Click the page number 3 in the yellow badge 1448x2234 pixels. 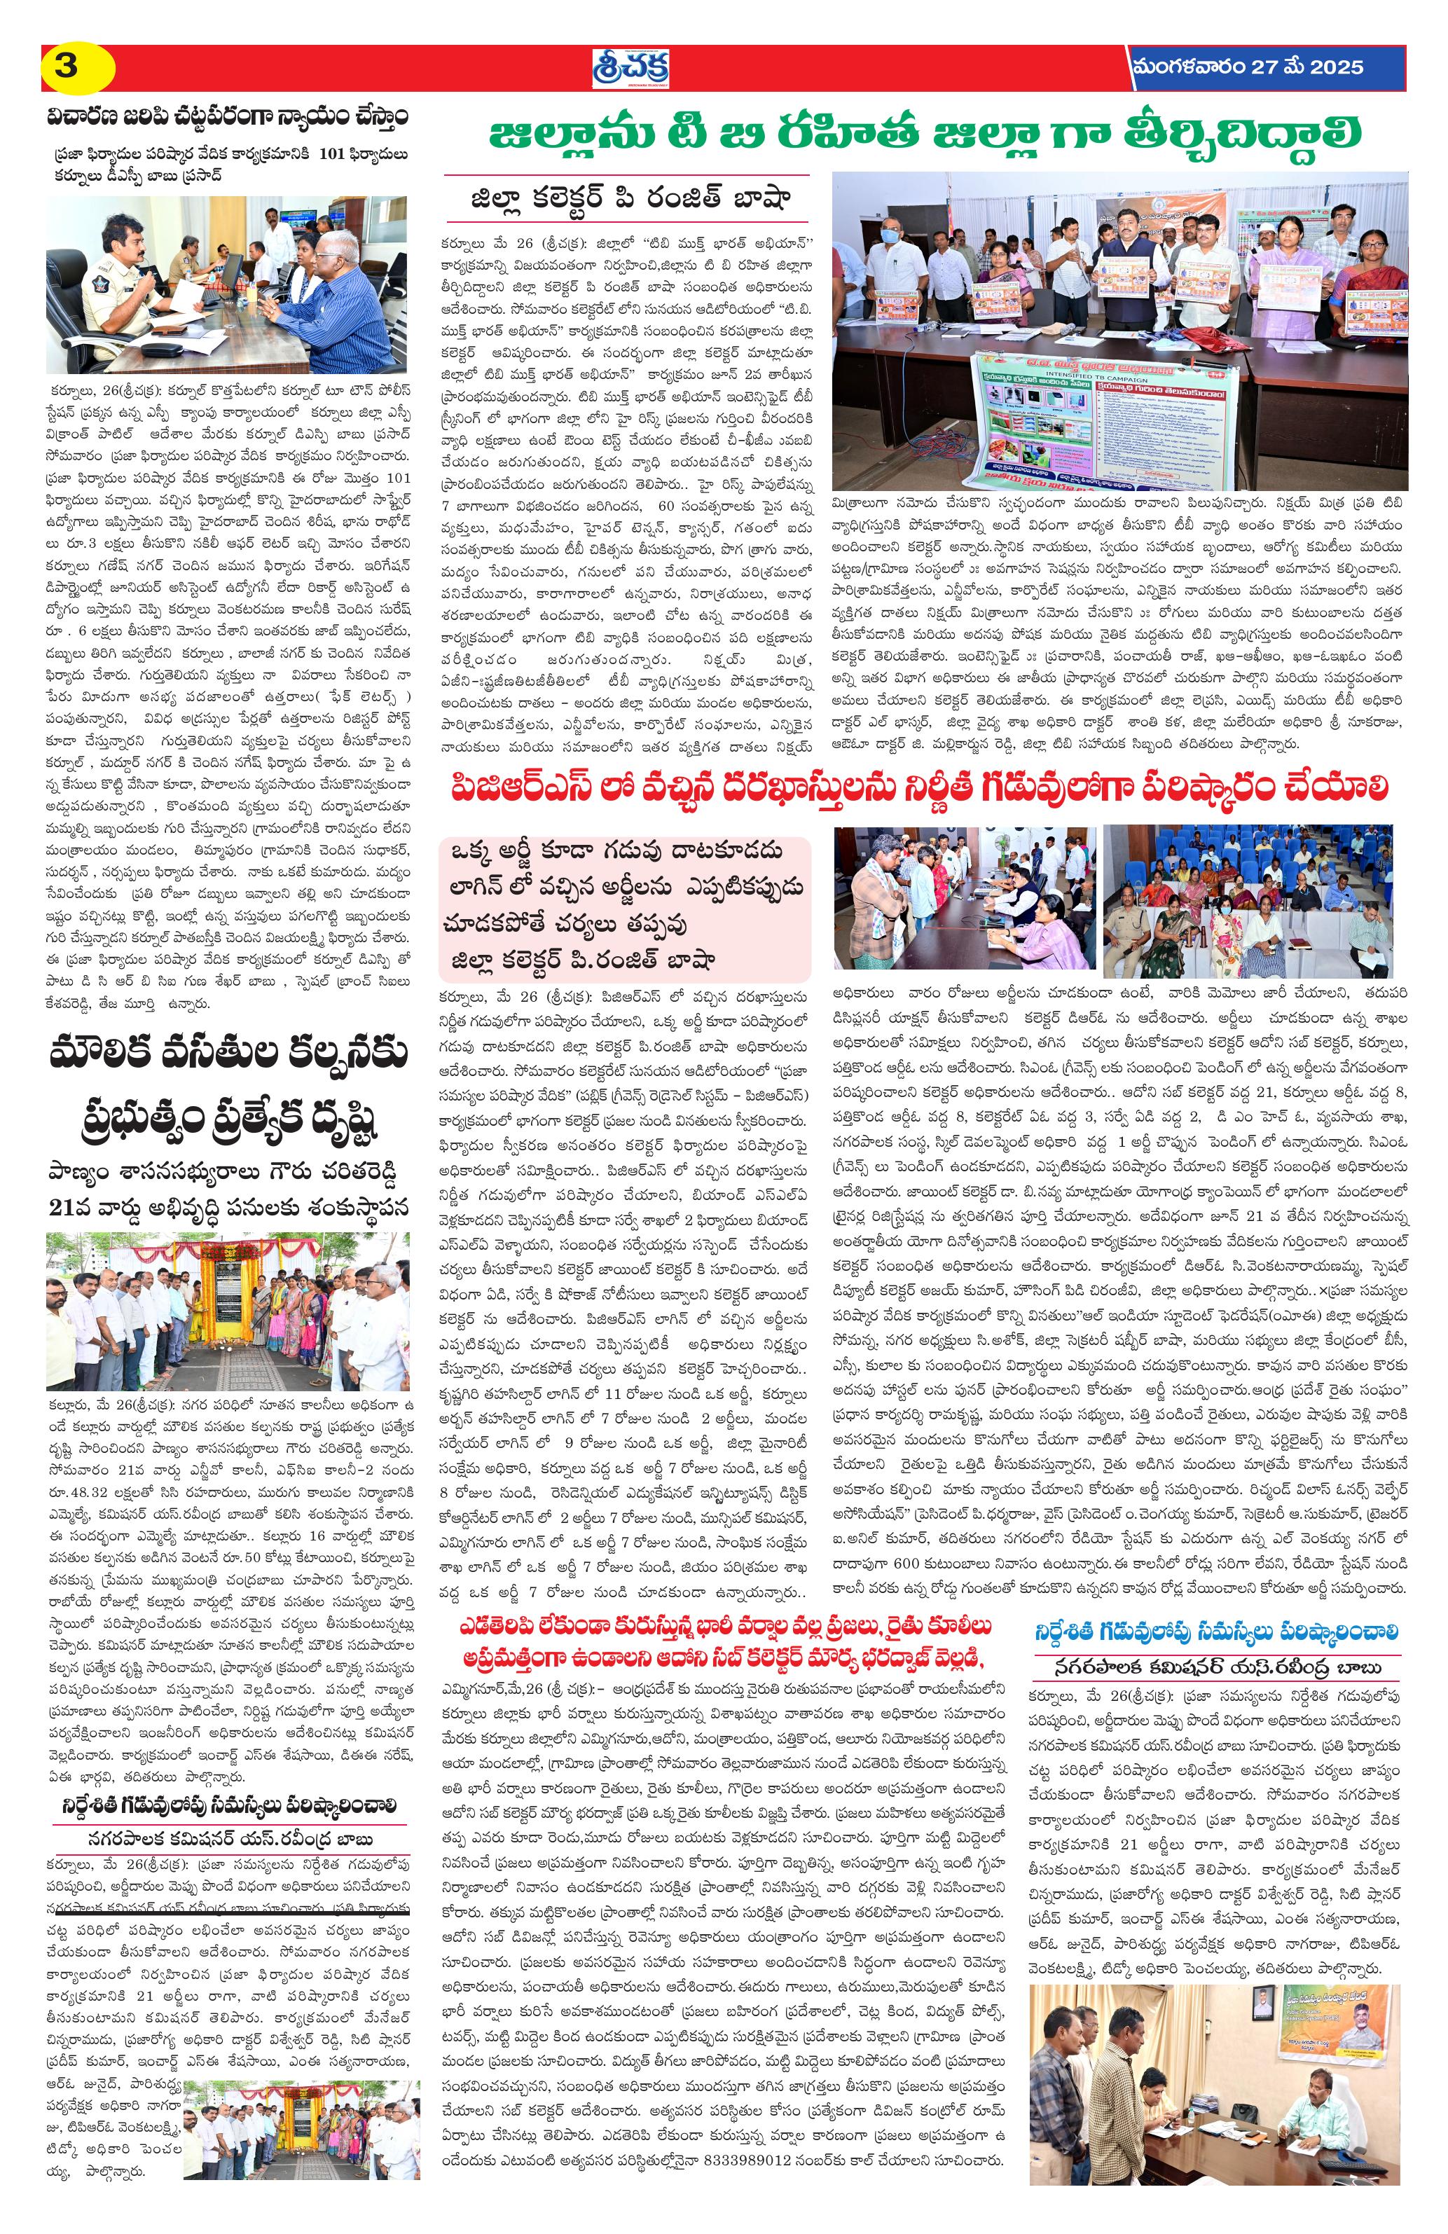pyautogui.click(x=67, y=67)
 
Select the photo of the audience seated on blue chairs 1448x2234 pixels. pyautogui.click(x=1247, y=900)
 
